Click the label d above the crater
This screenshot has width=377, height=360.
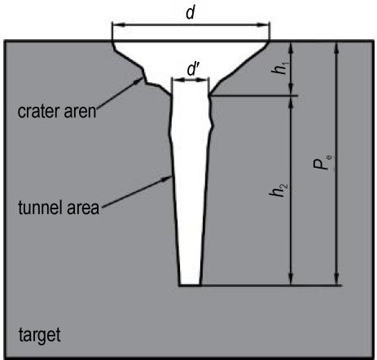point(191,12)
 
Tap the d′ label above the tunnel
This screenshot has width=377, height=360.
point(194,69)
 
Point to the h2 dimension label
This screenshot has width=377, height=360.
point(278,190)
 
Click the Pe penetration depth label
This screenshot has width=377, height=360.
point(322,162)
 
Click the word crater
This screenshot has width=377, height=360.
point(39,112)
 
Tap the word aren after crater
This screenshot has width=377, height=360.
point(80,112)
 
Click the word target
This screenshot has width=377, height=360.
point(40,335)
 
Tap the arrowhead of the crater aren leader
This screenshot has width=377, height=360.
point(139,80)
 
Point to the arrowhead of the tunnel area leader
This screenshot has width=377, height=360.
point(168,178)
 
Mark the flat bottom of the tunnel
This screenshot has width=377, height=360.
point(191,285)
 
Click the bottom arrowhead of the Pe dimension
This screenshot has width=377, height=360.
point(336,279)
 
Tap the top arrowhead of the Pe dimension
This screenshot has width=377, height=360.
point(336,47)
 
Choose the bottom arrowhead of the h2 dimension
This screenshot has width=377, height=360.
point(291,279)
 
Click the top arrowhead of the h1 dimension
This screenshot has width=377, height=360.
point(291,47)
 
